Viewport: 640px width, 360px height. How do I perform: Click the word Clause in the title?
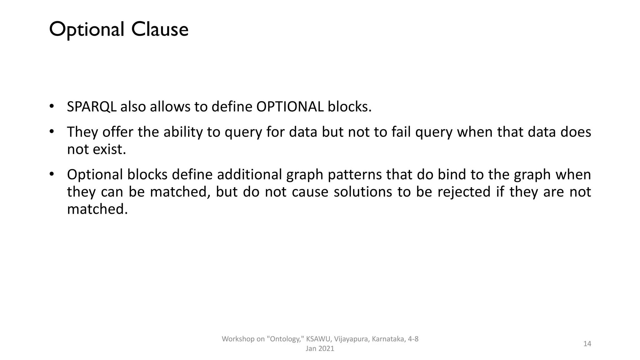click(160, 30)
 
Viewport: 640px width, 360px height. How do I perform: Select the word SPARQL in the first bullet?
click(92, 107)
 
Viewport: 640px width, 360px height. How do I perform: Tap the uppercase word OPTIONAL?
click(290, 107)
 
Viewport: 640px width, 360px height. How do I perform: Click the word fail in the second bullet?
click(401, 132)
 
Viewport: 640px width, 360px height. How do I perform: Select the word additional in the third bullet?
click(249, 174)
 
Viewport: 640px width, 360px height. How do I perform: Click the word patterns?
click(355, 174)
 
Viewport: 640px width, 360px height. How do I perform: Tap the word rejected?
click(464, 192)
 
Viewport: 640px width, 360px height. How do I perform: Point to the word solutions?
click(362, 192)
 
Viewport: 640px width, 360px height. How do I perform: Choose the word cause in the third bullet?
click(310, 192)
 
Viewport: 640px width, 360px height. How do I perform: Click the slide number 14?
click(587, 344)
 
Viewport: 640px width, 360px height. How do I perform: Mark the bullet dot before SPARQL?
click(52, 106)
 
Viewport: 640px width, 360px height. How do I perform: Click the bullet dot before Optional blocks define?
click(52, 173)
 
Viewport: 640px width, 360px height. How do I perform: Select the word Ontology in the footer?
click(285, 339)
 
